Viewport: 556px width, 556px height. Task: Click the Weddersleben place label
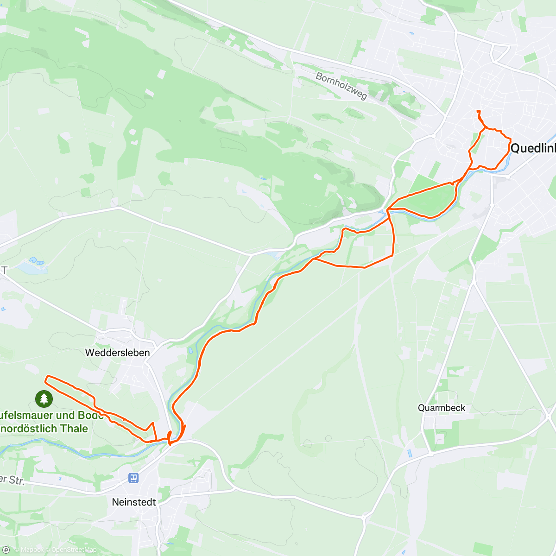pyautogui.click(x=117, y=353)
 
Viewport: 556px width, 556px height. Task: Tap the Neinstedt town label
pyautogui.click(x=134, y=502)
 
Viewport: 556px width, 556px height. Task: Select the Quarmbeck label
pyautogui.click(x=441, y=408)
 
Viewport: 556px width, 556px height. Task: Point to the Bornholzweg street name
pyautogui.click(x=341, y=86)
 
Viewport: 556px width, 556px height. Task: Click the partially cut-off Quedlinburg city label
pyautogui.click(x=533, y=148)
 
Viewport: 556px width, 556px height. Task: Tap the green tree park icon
pyautogui.click(x=44, y=398)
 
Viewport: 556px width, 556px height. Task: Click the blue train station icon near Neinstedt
pyautogui.click(x=134, y=477)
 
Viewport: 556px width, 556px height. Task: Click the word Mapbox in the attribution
pyautogui.click(x=32, y=550)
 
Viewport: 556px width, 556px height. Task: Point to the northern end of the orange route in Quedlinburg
pyautogui.click(x=477, y=111)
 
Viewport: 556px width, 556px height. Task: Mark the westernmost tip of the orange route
pyautogui.click(x=45, y=379)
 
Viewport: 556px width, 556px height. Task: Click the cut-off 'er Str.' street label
pyautogui.click(x=12, y=480)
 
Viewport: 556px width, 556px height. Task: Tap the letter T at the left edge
pyautogui.click(x=4, y=271)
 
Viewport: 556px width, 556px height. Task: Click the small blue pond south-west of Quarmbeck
pyautogui.click(x=409, y=453)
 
